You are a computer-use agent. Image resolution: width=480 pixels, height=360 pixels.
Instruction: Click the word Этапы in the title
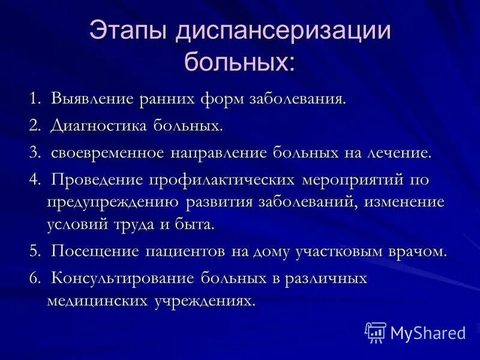(129, 33)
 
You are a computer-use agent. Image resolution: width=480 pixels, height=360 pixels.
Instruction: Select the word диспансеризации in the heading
(283, 33)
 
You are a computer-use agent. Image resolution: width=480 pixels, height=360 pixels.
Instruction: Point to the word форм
(220, 98)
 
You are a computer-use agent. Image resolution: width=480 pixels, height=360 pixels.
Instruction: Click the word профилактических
(222, 180)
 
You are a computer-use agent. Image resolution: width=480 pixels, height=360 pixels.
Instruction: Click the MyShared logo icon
(376, 332)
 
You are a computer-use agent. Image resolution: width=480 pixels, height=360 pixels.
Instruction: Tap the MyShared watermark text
(428, 332)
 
